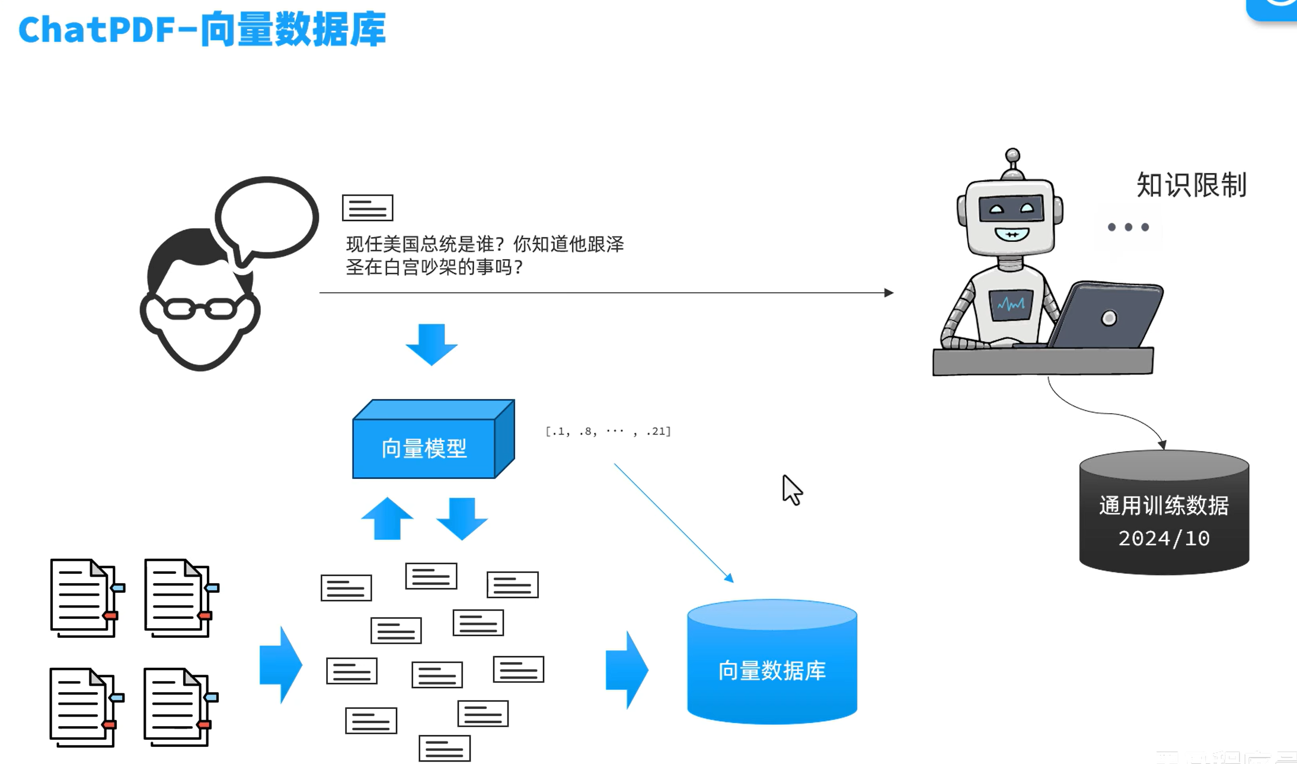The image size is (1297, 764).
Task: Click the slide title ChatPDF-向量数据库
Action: click(202, 30)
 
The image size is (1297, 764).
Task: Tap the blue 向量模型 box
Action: click(424, 448)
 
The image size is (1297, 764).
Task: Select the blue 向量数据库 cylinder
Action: click(772, 670)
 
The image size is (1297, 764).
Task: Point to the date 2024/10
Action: click(1164, 538)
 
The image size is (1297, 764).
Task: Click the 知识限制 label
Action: click(1191, 185)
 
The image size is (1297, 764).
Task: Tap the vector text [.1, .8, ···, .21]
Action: click(608, 431)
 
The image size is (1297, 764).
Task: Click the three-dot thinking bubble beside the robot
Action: click(1128, 227)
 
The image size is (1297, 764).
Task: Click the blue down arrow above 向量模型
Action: click(432, 344)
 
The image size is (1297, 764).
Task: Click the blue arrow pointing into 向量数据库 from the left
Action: click(627, 670)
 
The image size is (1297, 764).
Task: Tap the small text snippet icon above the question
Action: click(368, 208)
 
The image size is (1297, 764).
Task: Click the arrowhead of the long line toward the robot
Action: click(889, 292)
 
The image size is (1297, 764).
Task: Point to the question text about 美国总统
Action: click(484, 255)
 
